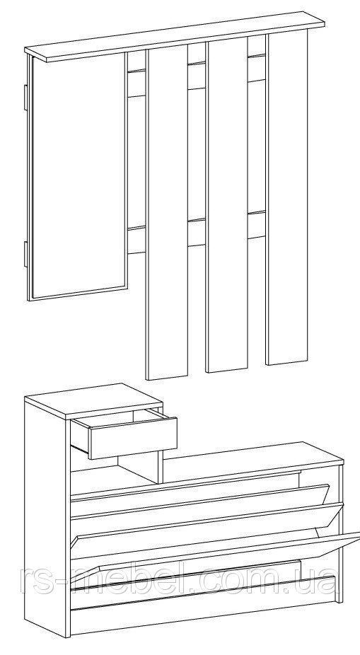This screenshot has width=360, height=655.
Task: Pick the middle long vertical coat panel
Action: (x=227, y=204)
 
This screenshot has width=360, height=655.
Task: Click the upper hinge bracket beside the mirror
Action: (x=25, y=96)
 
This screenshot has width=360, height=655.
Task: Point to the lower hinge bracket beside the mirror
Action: (x=25, y=253)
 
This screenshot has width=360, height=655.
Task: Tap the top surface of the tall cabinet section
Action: (x=93, y=401)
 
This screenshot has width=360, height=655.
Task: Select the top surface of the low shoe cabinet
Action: (x=252, y=456)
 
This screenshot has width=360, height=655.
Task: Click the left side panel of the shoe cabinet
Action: (x=47, y=517)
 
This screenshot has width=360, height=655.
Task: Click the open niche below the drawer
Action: (x=117, y=470)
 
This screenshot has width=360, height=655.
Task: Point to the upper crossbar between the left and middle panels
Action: (x=197, y=76)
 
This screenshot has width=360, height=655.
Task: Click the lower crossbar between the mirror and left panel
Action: (x=136, y=240)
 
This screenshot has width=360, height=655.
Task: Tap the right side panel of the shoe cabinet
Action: (x=340, y=531)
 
